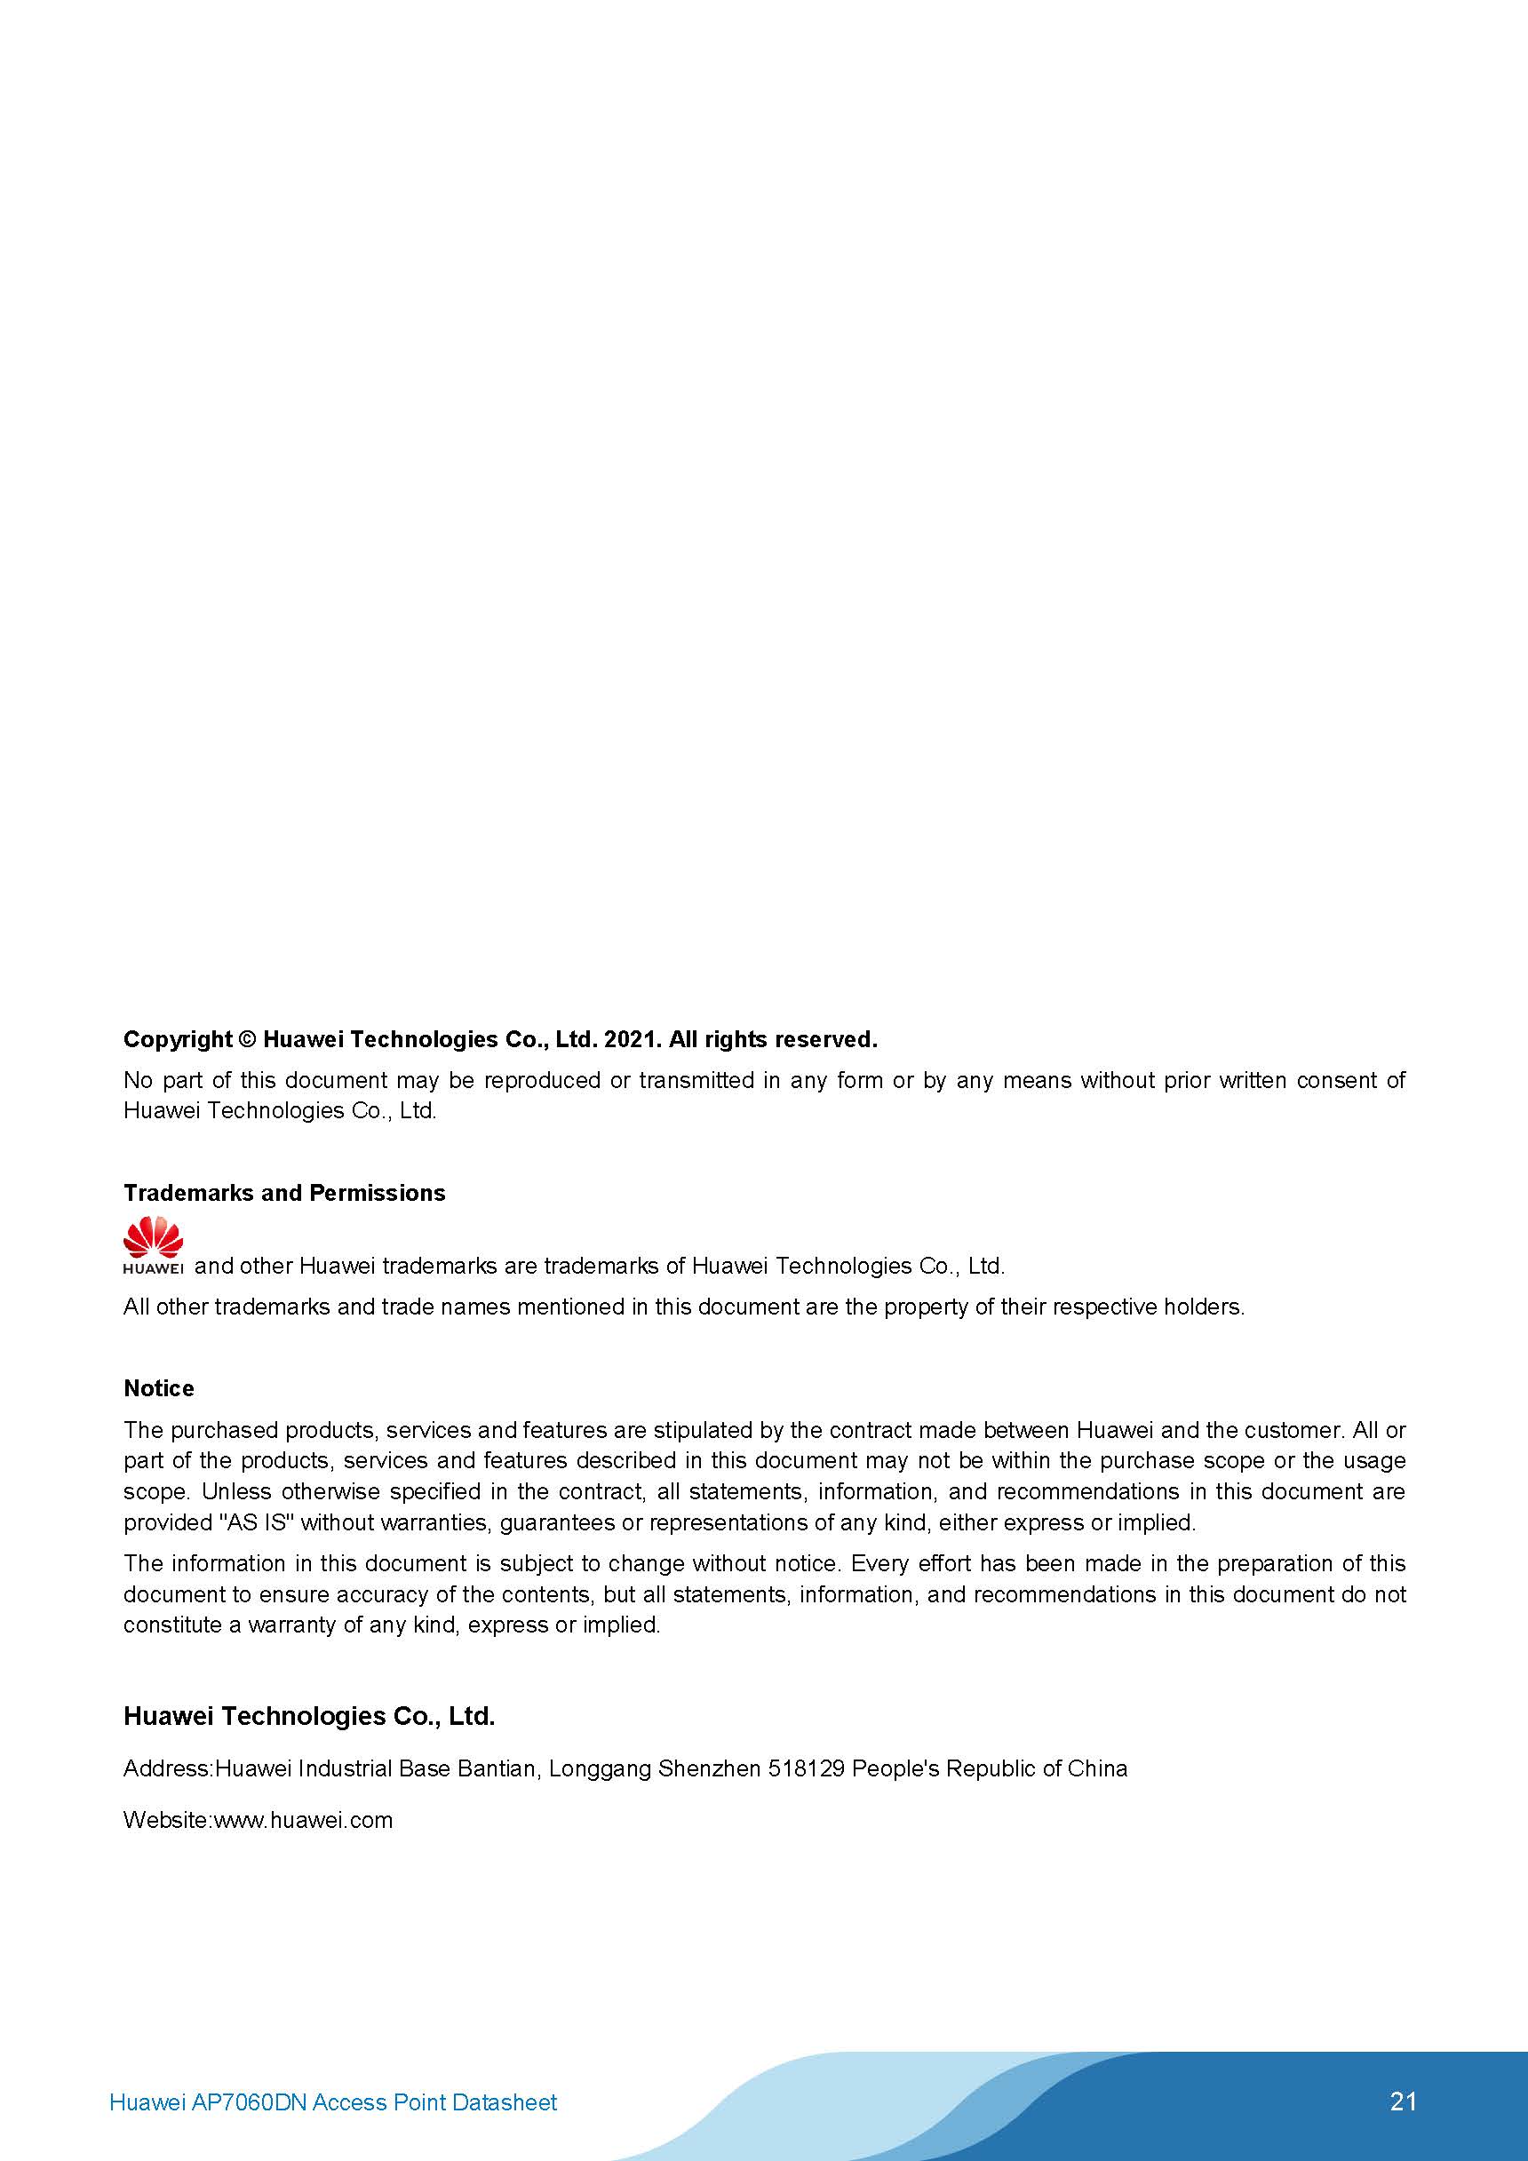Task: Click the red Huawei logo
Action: tap(153, 1244)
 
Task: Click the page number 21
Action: tap(1402, 2101)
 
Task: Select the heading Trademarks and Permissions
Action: tap(284, 1193)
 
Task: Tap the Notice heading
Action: tap(158, 1388)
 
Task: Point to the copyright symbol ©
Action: tap(247, 1039)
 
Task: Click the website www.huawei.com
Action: tap(303, 1819)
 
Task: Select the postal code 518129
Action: tap(806, 1768)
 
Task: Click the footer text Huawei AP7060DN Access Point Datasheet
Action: tap(333, 2101)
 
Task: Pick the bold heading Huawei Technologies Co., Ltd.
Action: tap(309, 1716)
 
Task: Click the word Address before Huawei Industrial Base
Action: tap(167, 1768)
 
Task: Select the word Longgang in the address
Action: tap(599, 1768)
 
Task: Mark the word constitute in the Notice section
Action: tap(172, 1625)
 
